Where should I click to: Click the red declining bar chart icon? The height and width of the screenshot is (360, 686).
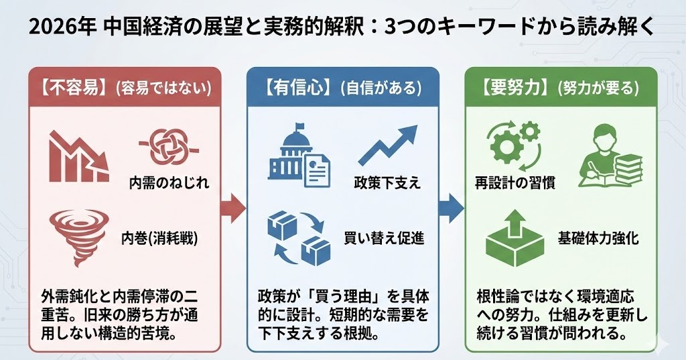[79, 157]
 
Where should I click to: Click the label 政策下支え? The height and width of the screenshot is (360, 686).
[387, 182]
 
